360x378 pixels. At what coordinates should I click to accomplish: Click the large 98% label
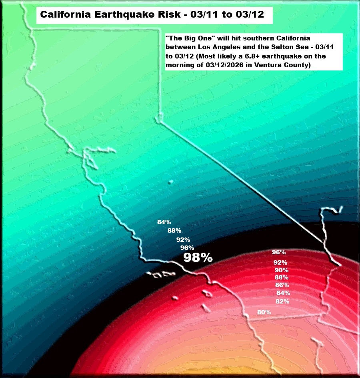point(198,258)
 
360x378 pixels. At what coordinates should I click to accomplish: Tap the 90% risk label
point(282,270)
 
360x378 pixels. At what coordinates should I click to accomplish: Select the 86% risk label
point(282,285)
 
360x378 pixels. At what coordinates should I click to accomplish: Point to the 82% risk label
point(282,302)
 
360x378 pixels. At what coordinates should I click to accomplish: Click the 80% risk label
point(264,312)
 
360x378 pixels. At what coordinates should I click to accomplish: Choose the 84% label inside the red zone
point(283,293)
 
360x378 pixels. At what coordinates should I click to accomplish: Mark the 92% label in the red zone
point(280,263)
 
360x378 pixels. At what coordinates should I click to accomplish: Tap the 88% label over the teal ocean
point(174,231)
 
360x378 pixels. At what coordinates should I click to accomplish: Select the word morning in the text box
point(180,64)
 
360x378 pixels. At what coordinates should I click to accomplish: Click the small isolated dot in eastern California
point(171,182)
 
